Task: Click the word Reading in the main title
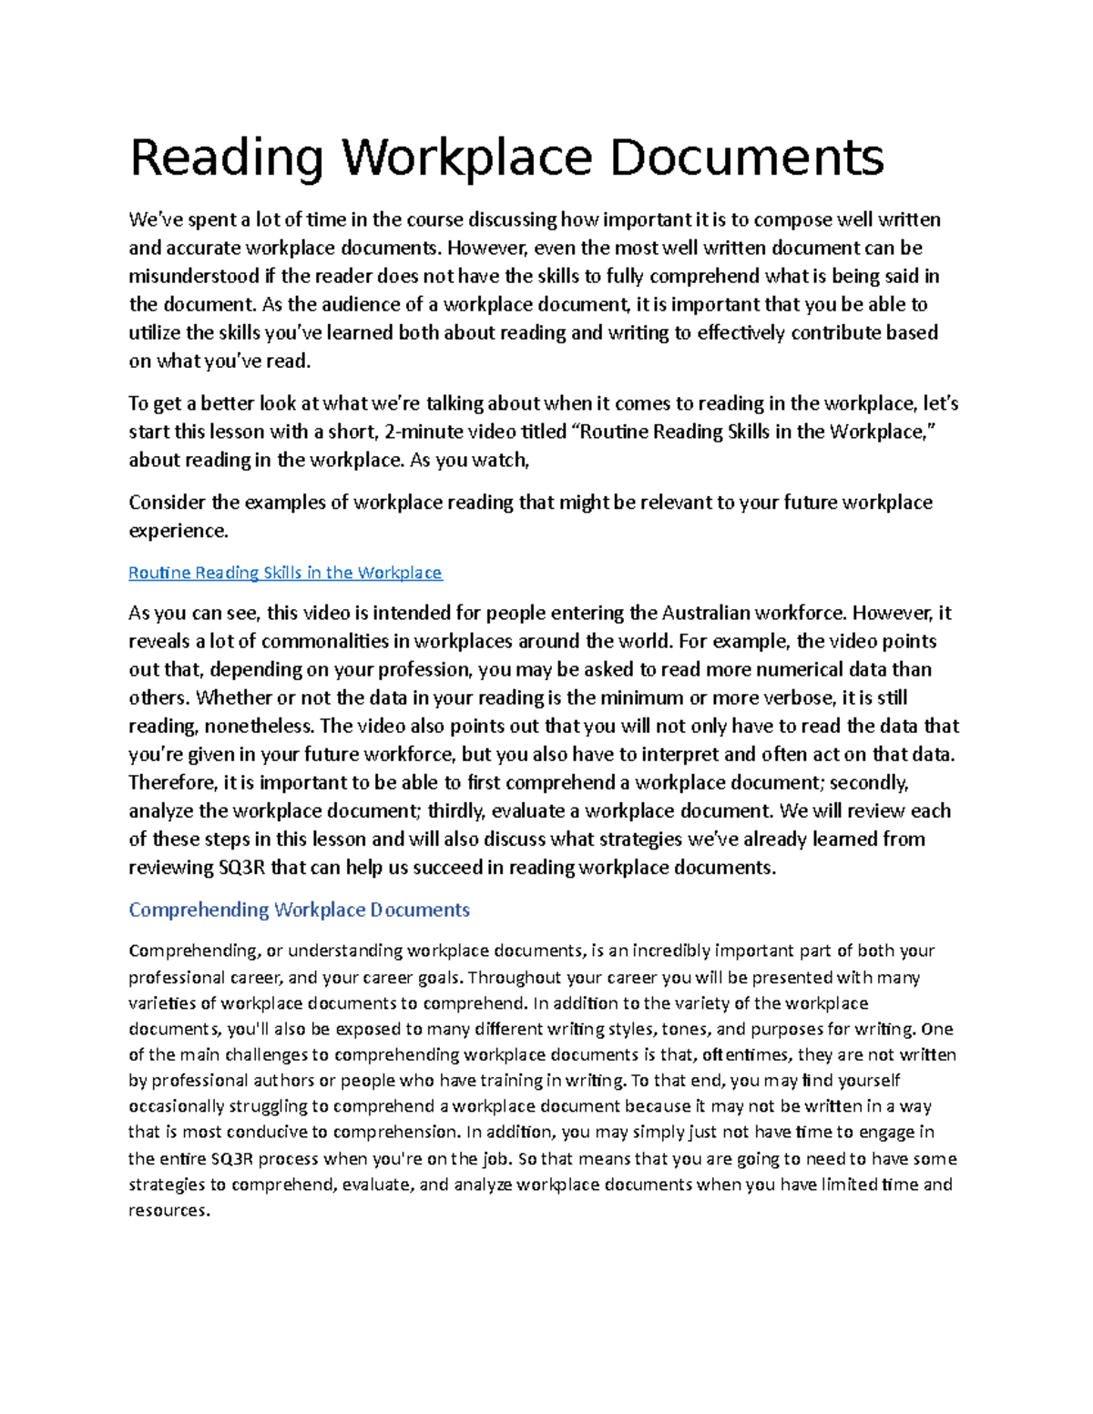[227, 158]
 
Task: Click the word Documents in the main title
[746, 158]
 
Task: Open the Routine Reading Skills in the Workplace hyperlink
[285, 573]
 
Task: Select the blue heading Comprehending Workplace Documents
[299, 910]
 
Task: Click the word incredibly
[671, 951]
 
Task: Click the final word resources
[169, 1210]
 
